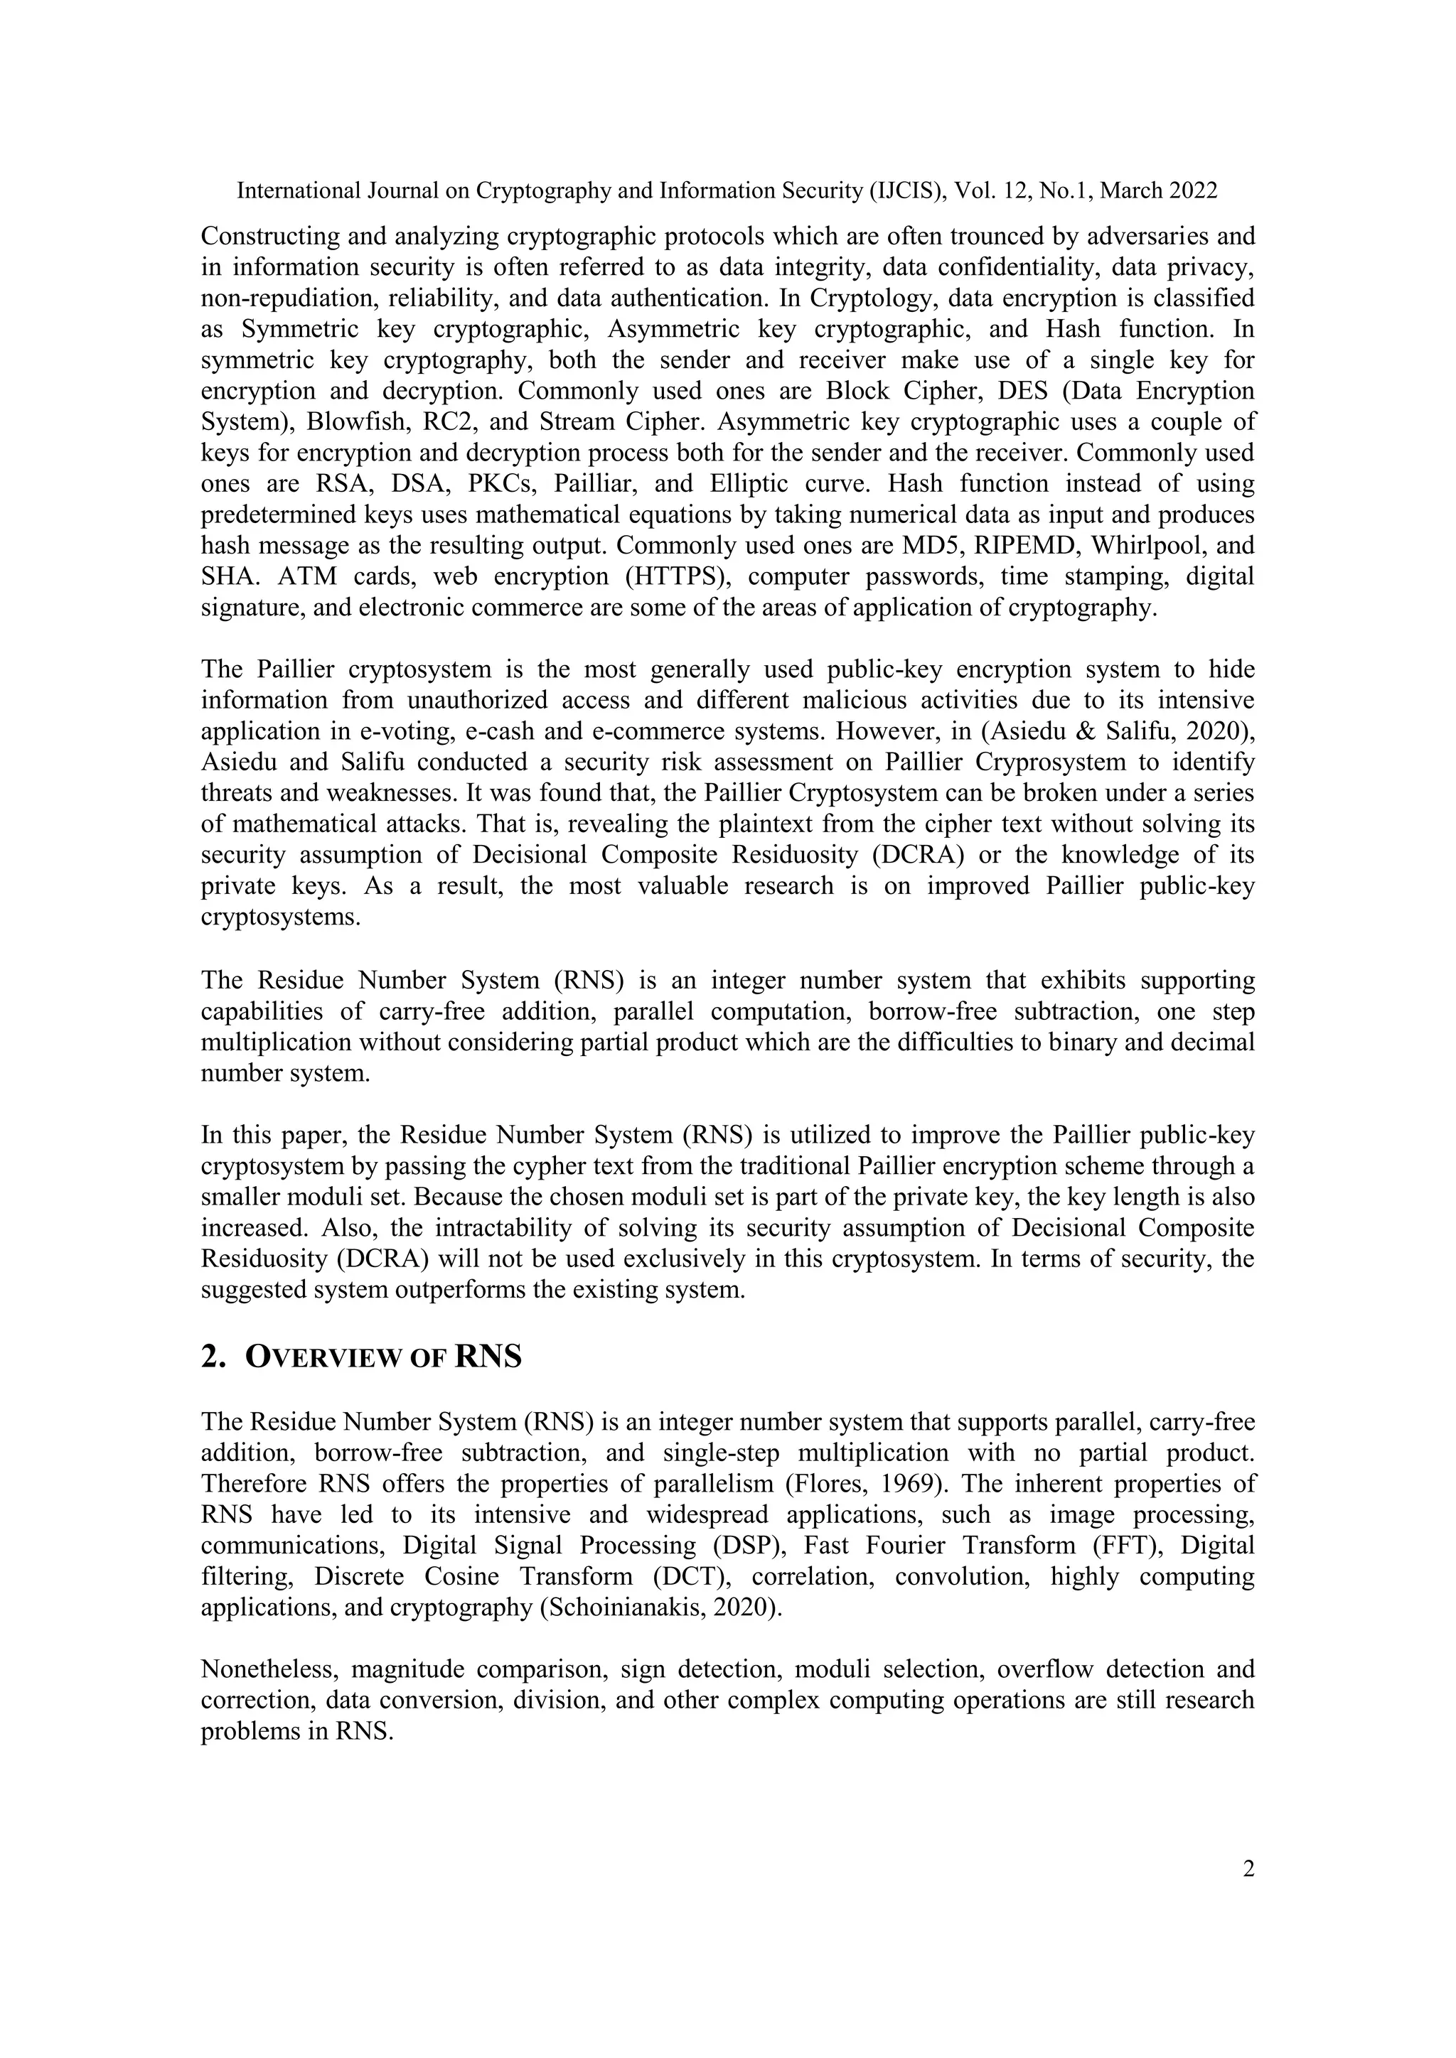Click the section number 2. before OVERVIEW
(x=212, y=1358)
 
